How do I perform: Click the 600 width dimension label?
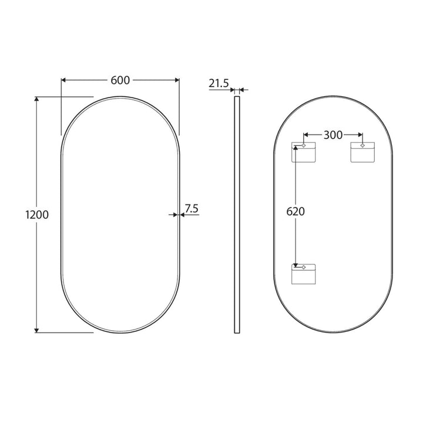pyautogui.click(x=120, y=80)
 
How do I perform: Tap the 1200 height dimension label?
pyautogui.click(x=37, y=215)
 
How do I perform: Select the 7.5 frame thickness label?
pyautogui.click(x=192, y=209)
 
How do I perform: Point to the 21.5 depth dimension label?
pyautogui.click(x=219, y=83)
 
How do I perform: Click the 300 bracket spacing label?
pyautogui.click(x=333, y=135)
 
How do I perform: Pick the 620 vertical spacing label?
pyautogui.click(x=296, y=211)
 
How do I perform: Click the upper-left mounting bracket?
pyautogui.click(x=304, y=152)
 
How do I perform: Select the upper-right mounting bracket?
pyautogui.click(x=362, y=152)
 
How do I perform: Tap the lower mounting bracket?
pyautogui.click(x=304, y=274)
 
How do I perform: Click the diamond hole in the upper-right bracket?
pyautogui.click(x=362, y=146)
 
